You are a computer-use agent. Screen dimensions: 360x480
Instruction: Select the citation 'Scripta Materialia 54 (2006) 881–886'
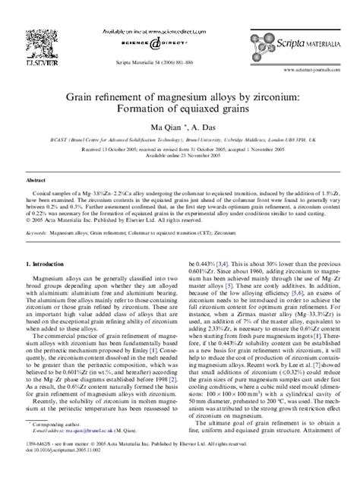click(179, 64)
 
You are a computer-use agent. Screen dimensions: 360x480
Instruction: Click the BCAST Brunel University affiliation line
click(179, 143)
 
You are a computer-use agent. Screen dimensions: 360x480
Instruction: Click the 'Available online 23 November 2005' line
click(179, 158)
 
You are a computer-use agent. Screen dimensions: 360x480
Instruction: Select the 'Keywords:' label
click(39, 226)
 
